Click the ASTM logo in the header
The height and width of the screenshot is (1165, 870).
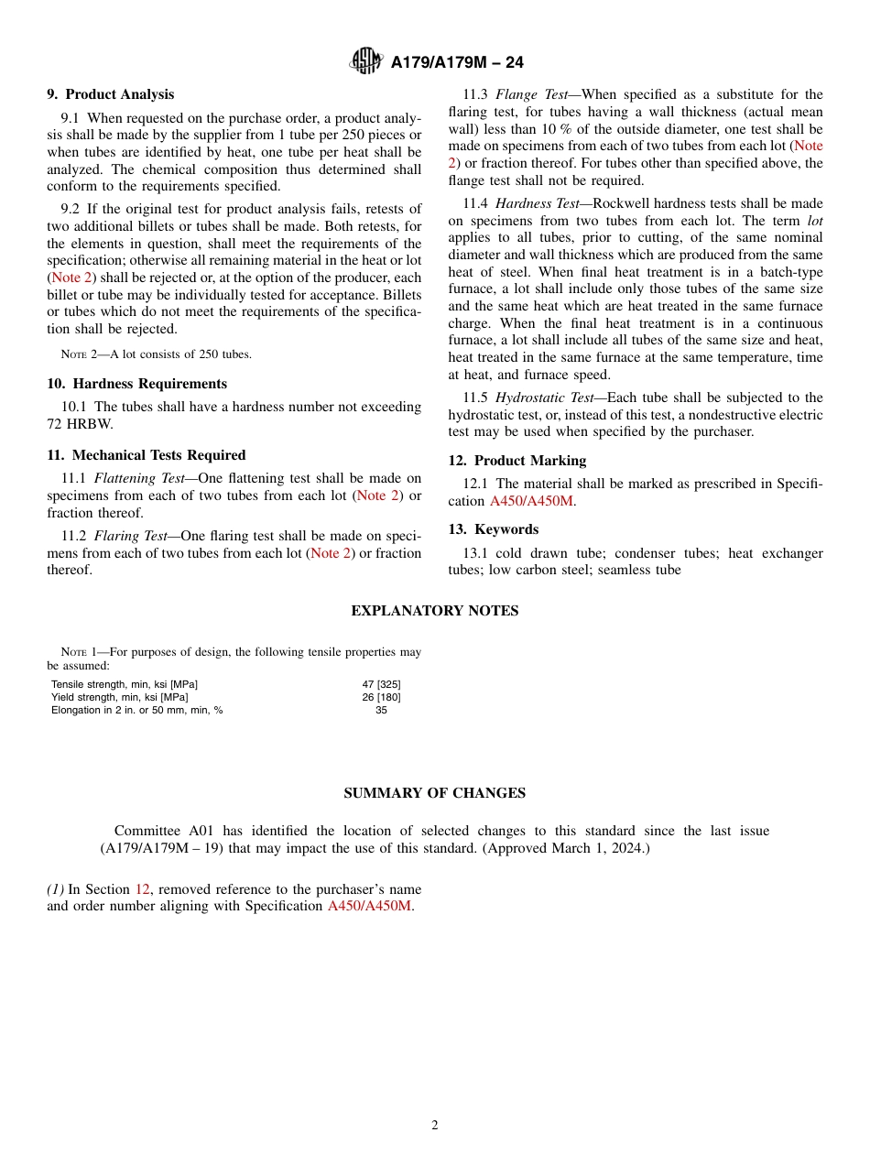click(366, 61)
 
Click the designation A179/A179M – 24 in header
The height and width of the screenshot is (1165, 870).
click(457, 62)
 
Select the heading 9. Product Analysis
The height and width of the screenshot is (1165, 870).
click(110, 94)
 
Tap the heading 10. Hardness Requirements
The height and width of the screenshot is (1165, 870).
click(136, 384)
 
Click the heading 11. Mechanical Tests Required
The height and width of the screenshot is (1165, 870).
click(146, 455)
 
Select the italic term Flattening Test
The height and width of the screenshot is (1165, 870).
click(136, 478)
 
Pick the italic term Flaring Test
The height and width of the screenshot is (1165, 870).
click(129, 536)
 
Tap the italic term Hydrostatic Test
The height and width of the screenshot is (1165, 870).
click(542, 397)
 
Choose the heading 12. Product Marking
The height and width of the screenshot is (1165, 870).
click(517, 461)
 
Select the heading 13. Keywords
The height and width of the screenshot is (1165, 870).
click(493, 529)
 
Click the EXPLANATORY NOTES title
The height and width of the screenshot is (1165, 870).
click(434, 611)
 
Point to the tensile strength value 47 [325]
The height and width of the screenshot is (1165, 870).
click(381, 684)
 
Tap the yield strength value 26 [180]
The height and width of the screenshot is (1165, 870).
click(381, 697)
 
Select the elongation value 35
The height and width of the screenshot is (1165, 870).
click(381, 710)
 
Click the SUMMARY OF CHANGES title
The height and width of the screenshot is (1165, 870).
click(434, 793)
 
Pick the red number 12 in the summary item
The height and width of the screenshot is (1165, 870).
click(142, 889)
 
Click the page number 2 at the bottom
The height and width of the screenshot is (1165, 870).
click(435, 1126)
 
